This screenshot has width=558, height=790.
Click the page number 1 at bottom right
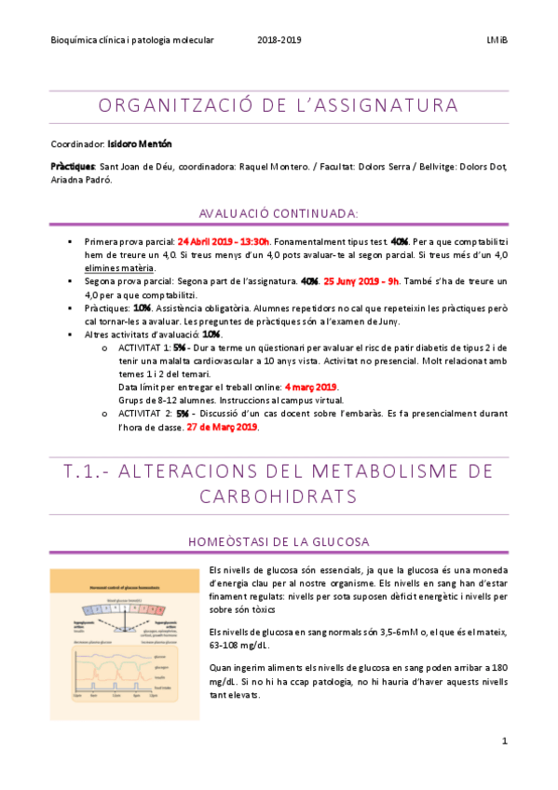[x=504, y=741]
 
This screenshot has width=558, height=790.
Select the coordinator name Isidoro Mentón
[x=140, y=144]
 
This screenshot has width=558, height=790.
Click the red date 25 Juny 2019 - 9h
[x=361, y=280]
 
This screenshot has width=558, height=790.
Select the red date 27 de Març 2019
[x=222, y=427]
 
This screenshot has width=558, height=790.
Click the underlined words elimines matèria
[x=119, y=267]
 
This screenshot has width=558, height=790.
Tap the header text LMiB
[x=497, y=40]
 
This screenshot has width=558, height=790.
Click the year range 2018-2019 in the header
[x=279, y=40]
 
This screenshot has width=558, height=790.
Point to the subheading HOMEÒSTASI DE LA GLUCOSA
[x=279, y=541]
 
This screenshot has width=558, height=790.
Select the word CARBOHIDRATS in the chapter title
[x=279, y=495]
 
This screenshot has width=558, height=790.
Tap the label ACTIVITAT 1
[x=145, y=346]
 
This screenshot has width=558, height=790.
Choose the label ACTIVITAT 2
[x=145, y=413]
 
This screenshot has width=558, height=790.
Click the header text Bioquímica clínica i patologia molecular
[x=132, y=40]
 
